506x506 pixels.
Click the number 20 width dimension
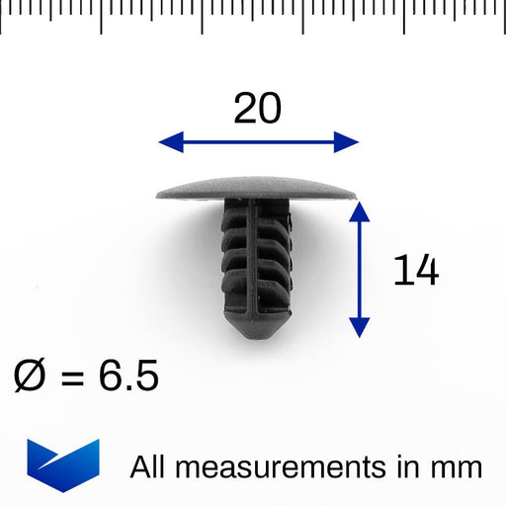pos(257,108)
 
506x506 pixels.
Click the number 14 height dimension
pos(415,270)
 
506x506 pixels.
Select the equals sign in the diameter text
pos(78,378)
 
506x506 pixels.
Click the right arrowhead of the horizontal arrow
pos(347,142)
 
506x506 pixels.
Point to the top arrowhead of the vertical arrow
pos(360,211)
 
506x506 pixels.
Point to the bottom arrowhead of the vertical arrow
pos(360,325)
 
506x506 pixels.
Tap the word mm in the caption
pos(459,467)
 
